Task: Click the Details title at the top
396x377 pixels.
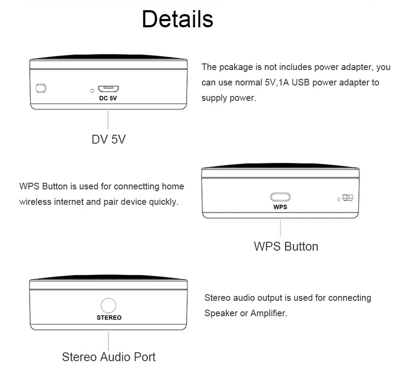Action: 177,19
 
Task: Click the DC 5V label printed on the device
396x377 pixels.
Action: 108,98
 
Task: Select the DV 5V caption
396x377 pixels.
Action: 108,139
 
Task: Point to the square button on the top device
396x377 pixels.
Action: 41,88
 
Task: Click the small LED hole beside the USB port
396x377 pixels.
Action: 92,91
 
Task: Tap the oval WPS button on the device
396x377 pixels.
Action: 280,197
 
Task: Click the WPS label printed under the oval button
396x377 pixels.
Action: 280,207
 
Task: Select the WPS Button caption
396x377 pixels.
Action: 286,246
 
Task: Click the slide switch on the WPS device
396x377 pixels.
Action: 348,198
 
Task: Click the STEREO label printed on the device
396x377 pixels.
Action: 109,317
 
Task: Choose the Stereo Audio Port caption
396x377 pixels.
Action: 109,356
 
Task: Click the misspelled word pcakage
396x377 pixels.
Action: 235,67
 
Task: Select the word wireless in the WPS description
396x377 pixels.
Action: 35,202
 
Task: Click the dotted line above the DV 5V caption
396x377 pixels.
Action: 108,120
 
